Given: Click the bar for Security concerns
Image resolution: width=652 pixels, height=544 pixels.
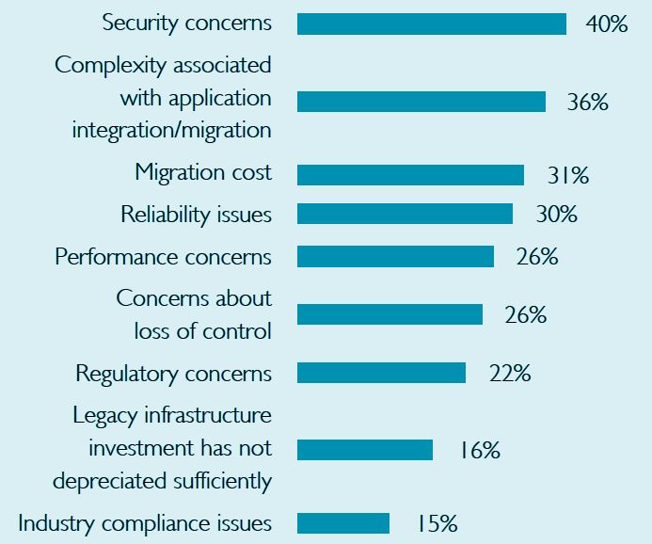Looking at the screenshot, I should [431, 24].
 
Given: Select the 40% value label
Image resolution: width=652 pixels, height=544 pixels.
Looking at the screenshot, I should [606, 24].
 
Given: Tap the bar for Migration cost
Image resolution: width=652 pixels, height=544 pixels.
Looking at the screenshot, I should [410, 175].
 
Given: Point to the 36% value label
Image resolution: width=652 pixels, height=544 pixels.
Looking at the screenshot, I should [587, 103].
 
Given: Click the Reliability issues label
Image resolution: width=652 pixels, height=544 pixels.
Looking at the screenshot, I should [196, 215].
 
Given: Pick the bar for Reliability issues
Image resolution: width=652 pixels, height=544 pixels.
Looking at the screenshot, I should [405, 215].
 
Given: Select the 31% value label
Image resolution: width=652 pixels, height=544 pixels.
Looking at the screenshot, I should [567, 176].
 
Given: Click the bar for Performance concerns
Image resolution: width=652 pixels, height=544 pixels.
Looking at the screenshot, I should [395, 256].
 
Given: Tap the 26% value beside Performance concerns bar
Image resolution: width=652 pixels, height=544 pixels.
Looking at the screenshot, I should [537, 257].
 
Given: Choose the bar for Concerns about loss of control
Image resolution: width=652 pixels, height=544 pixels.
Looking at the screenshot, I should [390, 314].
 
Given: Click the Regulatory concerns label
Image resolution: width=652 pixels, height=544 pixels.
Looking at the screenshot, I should [173, 374].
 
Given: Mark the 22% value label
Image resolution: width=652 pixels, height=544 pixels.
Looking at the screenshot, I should [510, 374].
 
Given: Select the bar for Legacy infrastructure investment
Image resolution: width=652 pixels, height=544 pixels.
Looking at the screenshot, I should [365, 450].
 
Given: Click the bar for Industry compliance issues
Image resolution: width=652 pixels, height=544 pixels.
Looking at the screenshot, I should [343, 523].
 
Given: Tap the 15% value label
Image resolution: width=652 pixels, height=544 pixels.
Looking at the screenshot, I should [437, 523].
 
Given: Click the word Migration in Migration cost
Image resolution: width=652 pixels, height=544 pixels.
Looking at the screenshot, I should [177, 173].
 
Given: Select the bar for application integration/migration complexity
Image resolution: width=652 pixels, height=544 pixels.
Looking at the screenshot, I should [421, 102].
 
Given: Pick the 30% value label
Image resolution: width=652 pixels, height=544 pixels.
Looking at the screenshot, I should [556, 216].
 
